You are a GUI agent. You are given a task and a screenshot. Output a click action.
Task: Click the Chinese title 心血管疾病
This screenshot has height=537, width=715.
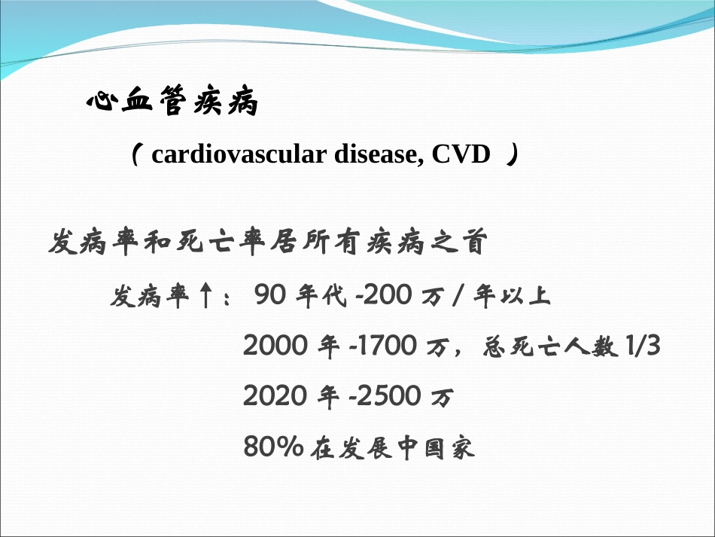(172, 104)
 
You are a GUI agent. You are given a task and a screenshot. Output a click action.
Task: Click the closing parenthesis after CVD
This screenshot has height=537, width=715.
(512, 156)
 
